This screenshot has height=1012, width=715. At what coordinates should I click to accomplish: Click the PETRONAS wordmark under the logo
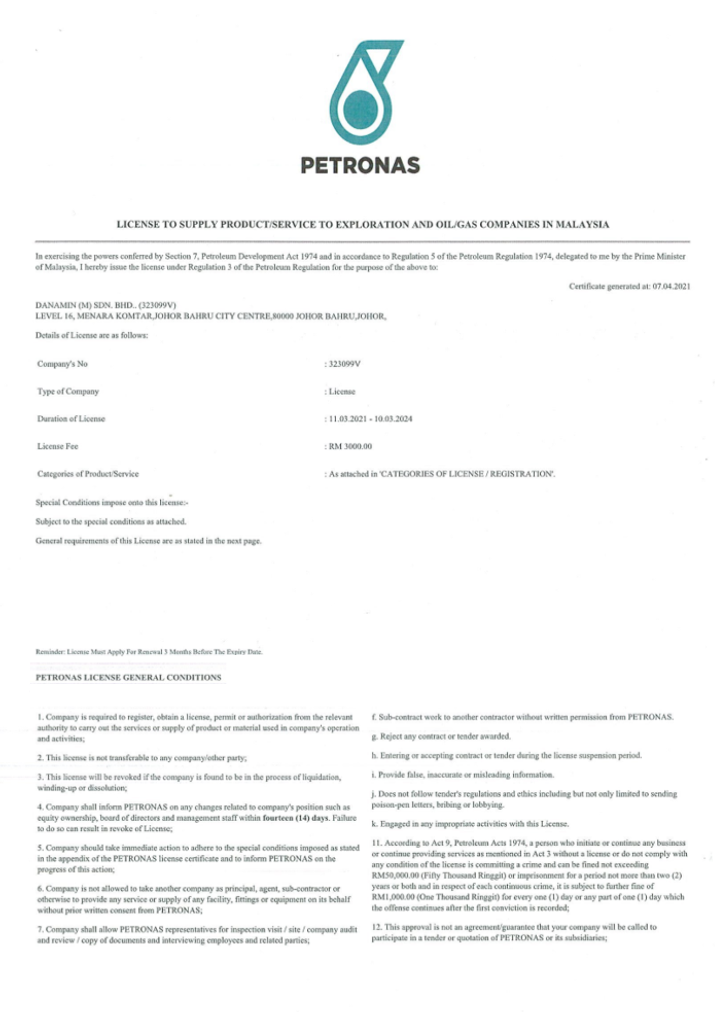[360, 165]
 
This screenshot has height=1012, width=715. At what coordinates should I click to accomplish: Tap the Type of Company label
[68, 392]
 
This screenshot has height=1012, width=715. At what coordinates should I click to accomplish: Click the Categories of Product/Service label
[87, 474]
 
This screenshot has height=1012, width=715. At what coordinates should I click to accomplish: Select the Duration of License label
[71, 419]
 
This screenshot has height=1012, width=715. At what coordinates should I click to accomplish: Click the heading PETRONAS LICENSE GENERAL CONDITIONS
[128, 678]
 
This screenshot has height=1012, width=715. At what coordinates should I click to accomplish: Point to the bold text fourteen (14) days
[296, 818]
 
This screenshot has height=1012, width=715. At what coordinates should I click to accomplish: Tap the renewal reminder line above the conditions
[149, 652]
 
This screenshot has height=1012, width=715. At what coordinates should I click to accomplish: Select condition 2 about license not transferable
[142, 758]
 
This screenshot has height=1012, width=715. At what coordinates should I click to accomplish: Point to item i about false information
[463, 775]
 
